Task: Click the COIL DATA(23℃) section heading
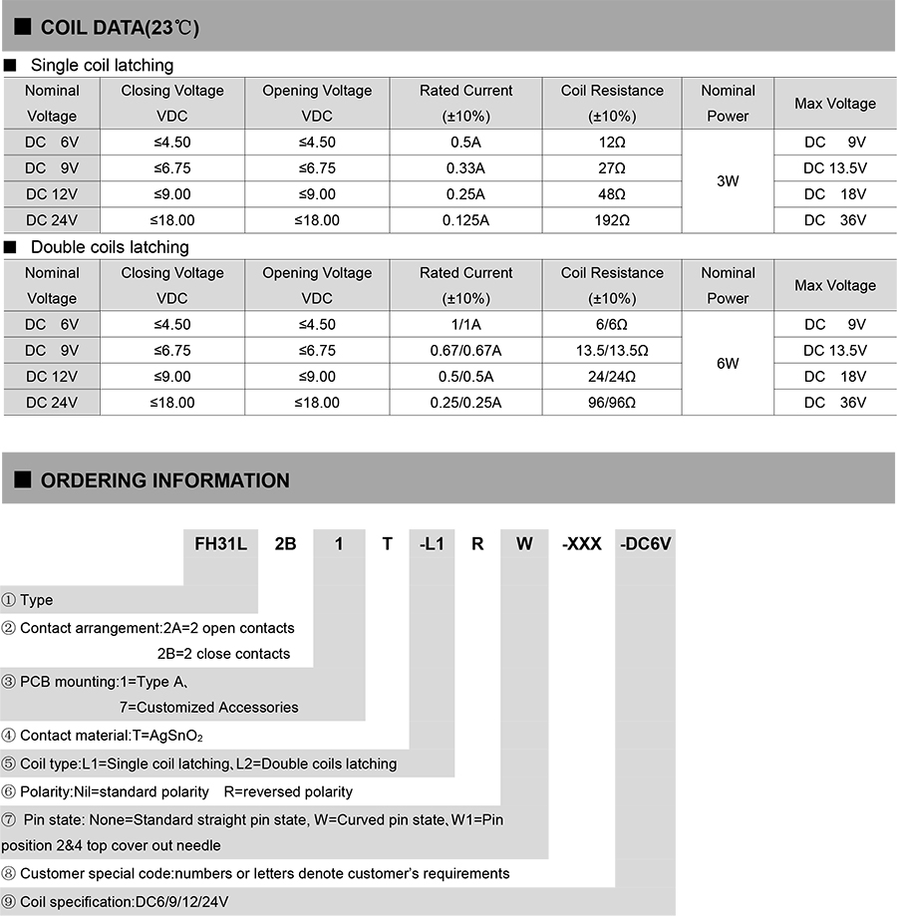pyautogui.click(x=120, y=27)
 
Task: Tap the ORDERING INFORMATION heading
pyautogui.click(x=164, y=480)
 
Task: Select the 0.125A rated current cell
pyautogui.click(x=465, y=220)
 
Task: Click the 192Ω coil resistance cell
pyautogui.click(x=612, y=220)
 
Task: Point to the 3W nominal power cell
pyautogui.click(x=728, y=181)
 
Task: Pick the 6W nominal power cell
pyautogui.click(x=728, y=364)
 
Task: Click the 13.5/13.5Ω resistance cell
pyautogui.click(x=612, y=351)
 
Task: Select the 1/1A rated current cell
pyautogui.click(x=465, y=325)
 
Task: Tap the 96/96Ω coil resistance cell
pyautogui.click(x=612, y=403)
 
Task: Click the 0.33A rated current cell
pyautogui.click(x=465, y=168)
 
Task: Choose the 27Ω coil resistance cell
pyautogui.click(x=612, y=168)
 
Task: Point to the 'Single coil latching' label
pyautogui.click(x=102, y=66)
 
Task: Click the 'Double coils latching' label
pyautogui.click(x=110, y=247)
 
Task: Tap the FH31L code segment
pyautogui.click(x=220, y=544)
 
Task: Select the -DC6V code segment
pyautogui.click(x=646, y=544)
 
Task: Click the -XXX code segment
pyautogui.click(x=582, y=544)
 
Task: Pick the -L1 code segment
pyautogui.click(x=432, y=544)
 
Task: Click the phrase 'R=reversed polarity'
pyautogui.click(x=288, y=791)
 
